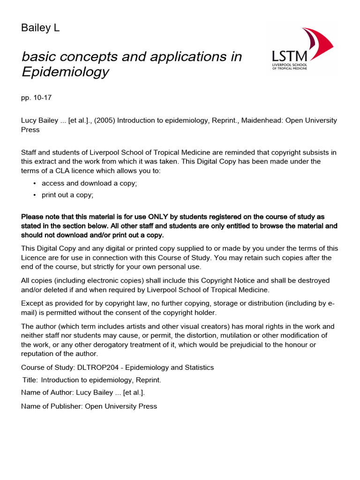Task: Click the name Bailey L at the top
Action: coord(40,28)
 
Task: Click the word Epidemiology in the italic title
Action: coord(65,72)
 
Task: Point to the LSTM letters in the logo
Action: coord(287,54)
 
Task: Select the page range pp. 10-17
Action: coord(36,98)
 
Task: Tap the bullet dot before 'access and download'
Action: coord(35,183)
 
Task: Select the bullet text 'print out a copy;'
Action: coord(67,195)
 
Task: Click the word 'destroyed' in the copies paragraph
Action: coord(313,280)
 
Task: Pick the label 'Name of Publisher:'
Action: coord(52,406)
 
